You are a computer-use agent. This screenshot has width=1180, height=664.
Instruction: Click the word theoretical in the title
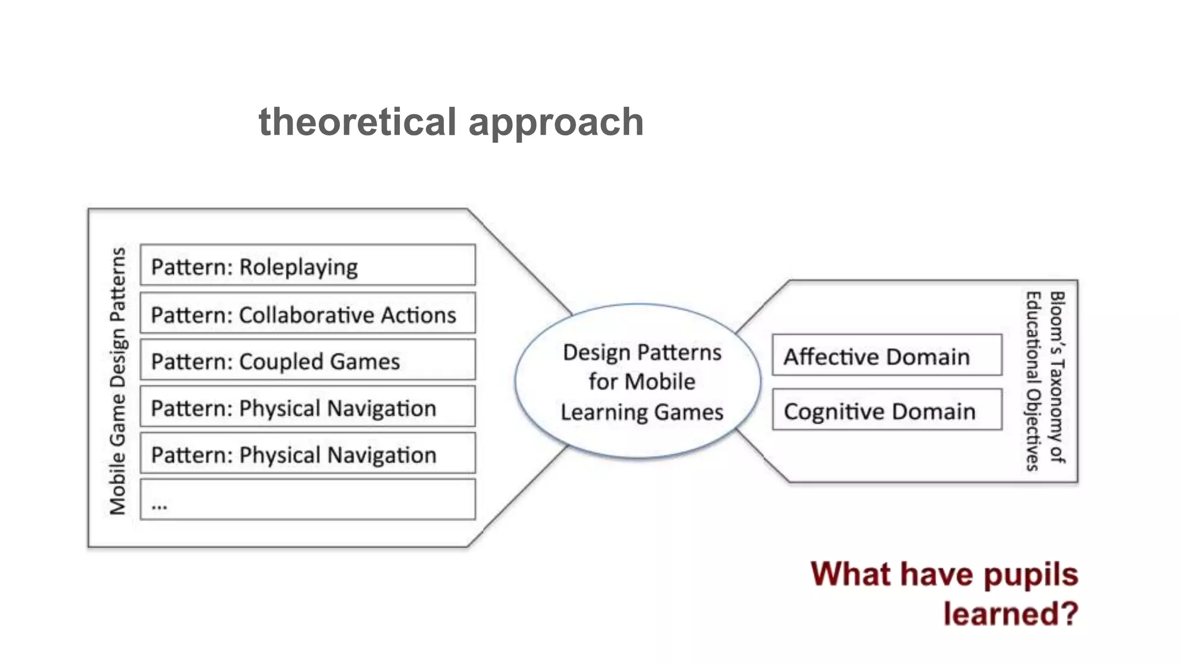click(x=357, y=122)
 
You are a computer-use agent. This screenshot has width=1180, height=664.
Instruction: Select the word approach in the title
click(x=556, y=123)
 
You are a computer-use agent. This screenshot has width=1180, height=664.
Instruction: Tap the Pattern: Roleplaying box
click(x=308, y=265)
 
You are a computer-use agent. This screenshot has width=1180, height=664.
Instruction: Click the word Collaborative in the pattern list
click(x=307, y=315)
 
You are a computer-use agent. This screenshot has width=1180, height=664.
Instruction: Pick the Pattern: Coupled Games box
click(x=308, y=360)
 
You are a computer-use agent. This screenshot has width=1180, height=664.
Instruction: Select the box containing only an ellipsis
click(x=308, y=500)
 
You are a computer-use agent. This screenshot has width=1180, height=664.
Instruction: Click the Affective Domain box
click(x=887, y=356)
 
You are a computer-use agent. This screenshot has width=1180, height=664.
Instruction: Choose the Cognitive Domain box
click(x=887, y=410)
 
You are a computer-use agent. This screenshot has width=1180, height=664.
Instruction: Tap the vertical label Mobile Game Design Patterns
click(x=118, y=380)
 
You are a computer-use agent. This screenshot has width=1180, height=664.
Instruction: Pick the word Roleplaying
click(x=298, y=267)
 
